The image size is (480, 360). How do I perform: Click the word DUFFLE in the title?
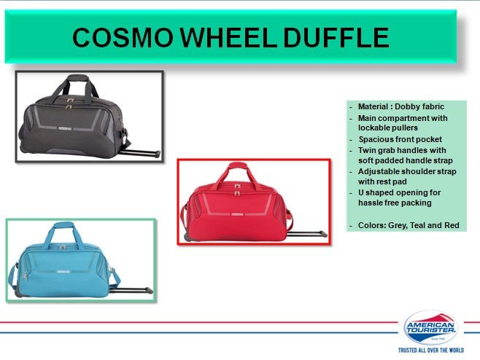pyautogui.click(x=336, y=37)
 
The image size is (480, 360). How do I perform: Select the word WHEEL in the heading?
pyautogui.click(x=229, y=37)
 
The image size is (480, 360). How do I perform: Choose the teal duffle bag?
pyautogui.click(x=80, y=262)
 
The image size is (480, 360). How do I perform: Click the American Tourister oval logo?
pyautogui.click(x=430, y=327)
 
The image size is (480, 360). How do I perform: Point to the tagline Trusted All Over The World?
pyautogui.click(x=431, y=351)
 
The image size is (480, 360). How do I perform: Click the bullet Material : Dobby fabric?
pyautogui.click(x=401, y=106)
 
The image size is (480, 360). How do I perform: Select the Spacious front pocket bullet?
pyautogui.click(x=400, y=139)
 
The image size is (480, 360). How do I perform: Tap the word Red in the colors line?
pyautogui.click(x=452, y=225)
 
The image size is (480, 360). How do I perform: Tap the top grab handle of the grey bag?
pyautogui.click(x=77, y=78)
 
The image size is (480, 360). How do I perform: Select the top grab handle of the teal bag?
pyautogui.click(x=63, y=225)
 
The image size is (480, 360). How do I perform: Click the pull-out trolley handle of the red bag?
pyautogui.click(x=307, y=234)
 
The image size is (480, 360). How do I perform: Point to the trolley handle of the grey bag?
pyautogui.click(x=140, y=152)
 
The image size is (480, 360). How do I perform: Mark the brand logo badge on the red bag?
pyautogui.click(x=237, y=214)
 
